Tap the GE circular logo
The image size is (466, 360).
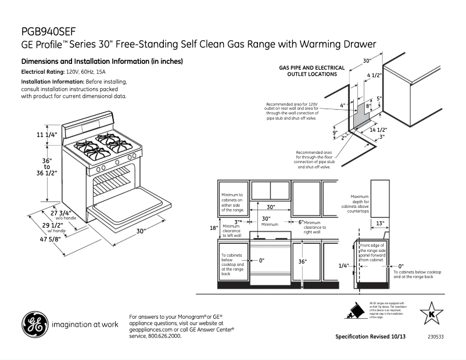click(x=34, y=325)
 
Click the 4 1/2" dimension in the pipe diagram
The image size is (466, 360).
click(x=375, y=75)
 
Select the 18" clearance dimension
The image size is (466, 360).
click(x=213, y=228)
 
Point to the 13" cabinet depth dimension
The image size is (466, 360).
click(x=379, y=223)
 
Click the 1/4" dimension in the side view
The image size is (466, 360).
click(x=343, y=265)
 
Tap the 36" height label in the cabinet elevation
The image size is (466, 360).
click(x=302, y=262)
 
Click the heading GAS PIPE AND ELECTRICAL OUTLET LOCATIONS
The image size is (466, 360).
click(x=312, y=71)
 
